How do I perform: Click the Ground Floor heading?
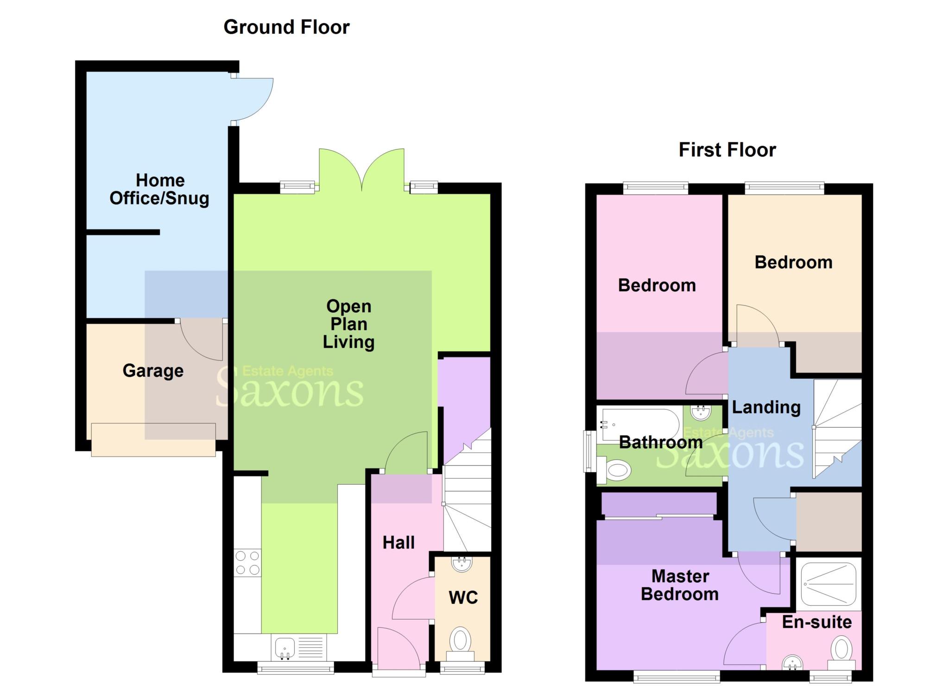coord(286,27)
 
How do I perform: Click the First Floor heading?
coord(727,150)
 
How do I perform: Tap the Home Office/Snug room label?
coord(159,189)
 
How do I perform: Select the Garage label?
coord(153,371)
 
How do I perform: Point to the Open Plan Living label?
coord(348,324)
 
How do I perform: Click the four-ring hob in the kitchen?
coord(247,563)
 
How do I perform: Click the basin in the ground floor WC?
coord(462,564)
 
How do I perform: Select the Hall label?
coord(398,543)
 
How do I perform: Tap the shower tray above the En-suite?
coord(828,584)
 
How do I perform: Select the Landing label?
coord(766,407)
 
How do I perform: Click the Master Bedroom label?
coord(680,585)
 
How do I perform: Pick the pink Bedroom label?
coord(657,285)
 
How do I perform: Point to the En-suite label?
coord(816,622)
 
